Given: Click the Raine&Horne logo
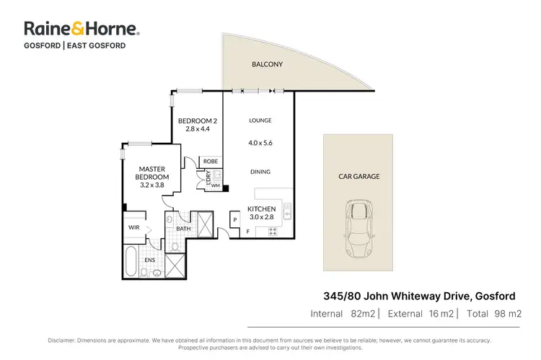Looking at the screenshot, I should [82, 29].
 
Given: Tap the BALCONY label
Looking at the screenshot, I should [267, 64].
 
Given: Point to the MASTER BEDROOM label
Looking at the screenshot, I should [154, 173].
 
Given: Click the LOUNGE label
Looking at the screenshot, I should [260, 120].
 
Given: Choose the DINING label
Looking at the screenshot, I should [260, 172].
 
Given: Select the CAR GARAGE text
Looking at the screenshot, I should [359, 176].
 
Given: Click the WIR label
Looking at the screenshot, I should [134, 227].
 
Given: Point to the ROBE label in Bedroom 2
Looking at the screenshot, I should [211, 161].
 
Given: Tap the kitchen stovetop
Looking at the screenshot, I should [273, 231].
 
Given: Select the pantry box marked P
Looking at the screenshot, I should [235, 219].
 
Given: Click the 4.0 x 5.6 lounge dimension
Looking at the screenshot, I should [260, 143].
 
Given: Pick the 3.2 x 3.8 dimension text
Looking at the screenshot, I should [154, 185].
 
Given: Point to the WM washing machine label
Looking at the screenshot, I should [215, 185].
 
